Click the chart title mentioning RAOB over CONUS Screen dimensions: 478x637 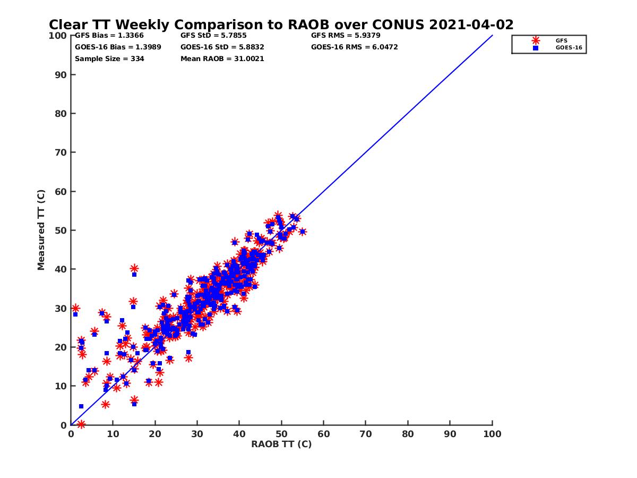(x=281, y=25)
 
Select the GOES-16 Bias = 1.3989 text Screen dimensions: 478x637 (x=118, y=47)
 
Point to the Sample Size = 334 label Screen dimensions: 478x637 (x=109, y=59)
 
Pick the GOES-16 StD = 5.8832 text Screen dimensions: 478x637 (x=222, y=47)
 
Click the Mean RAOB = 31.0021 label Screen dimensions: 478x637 (x=222, y=59)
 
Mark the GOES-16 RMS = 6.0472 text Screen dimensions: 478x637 (x=355, y=47)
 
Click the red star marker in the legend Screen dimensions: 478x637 (x=536, y=40)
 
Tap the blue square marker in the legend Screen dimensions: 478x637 (x=536, y=48)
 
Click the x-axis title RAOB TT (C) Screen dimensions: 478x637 (x=281, y=444)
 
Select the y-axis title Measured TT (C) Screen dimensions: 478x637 (x=41, y=230)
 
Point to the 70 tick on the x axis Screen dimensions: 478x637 (x=366, y=433)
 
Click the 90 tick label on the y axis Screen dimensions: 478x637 (x=61, y=75)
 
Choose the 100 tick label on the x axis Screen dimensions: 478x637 (x=492, y=433)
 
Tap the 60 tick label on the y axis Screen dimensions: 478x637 (x=61, y=191)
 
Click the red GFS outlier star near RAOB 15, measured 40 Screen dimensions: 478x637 (x=134, y=269)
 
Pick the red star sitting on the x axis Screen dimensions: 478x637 (x=81, y=424)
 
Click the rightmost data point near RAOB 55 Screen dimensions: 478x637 (x=302, y=232)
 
